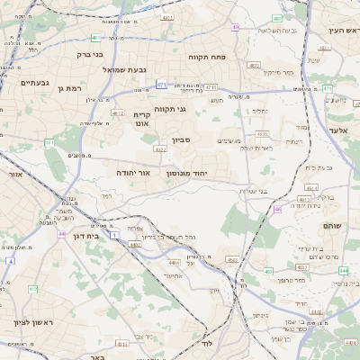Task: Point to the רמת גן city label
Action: pos(68,88)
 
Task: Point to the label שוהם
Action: pos(333,227)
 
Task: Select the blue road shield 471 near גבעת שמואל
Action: pos(161,85)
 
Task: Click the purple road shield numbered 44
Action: pos(62,233)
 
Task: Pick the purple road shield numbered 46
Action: pos(278,209)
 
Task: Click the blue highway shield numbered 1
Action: pos(114,234)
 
